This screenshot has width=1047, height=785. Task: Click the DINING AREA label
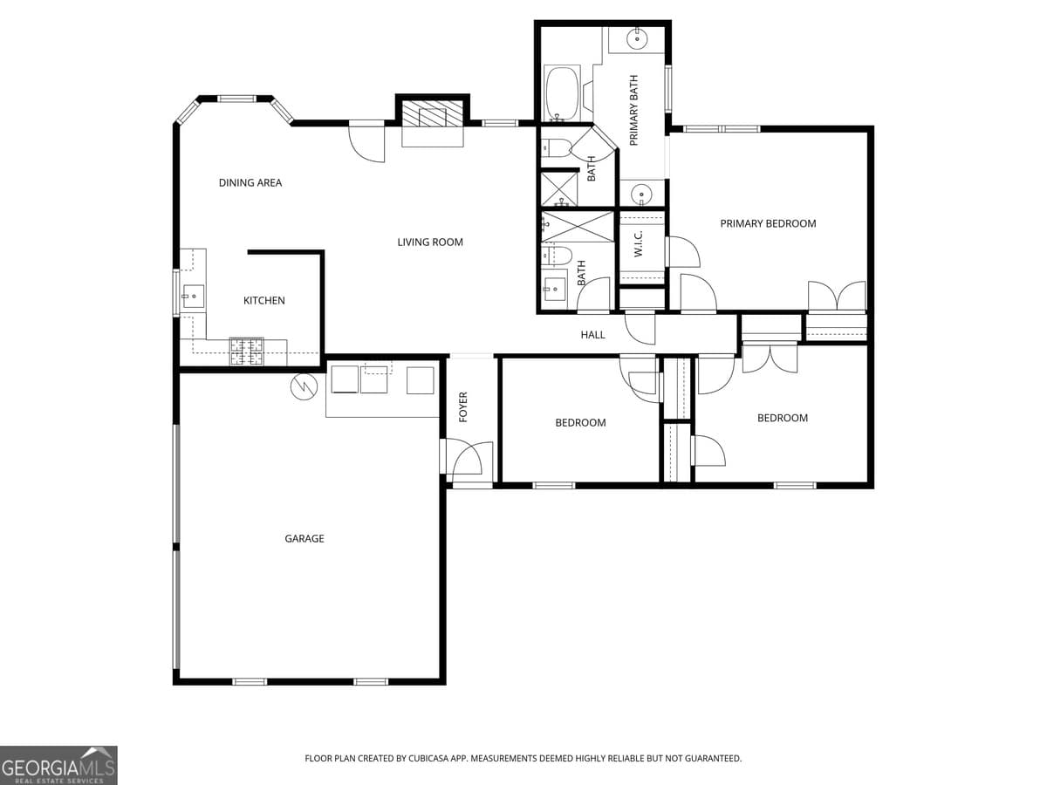250,183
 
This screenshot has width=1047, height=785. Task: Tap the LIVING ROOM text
430,242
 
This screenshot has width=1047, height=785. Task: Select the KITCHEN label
263,301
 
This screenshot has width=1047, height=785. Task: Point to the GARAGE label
305,539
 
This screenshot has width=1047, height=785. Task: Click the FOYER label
463,406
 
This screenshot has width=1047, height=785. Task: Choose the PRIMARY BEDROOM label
768,223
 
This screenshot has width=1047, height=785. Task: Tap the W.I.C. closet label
638,243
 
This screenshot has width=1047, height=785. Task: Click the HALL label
592,335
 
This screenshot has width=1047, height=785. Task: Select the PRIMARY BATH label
634,110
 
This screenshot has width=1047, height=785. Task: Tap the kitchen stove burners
247,351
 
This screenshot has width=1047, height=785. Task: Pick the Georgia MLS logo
58,765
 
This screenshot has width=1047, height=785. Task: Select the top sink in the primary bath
638,38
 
